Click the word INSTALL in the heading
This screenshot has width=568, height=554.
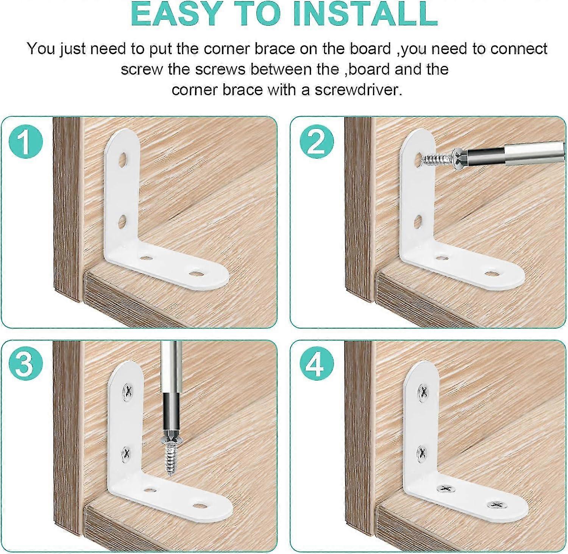[365, 14]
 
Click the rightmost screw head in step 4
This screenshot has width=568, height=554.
[496, 504]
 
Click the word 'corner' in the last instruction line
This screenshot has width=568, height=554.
[194, 90]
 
